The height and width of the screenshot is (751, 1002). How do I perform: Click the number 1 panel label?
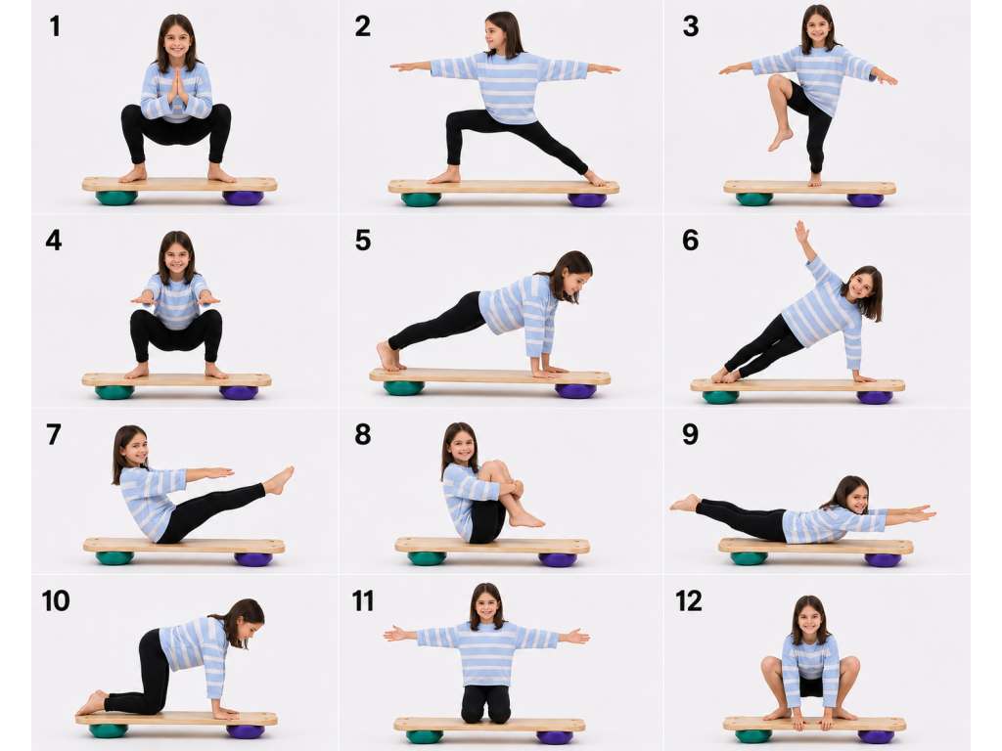[55, 26]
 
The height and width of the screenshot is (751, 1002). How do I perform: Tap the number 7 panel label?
[54, 434]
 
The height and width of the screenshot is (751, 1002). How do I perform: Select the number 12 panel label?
[689, 601]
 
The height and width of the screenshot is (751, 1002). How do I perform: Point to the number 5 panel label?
[363, 241]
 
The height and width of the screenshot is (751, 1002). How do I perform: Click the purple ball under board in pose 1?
[243, 198]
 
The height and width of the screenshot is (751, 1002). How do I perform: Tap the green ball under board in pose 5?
[403, 387]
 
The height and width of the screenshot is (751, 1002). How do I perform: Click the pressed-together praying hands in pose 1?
[178, 86]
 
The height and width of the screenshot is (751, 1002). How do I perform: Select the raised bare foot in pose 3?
[780, 139]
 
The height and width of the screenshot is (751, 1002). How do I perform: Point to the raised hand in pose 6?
[802, 231]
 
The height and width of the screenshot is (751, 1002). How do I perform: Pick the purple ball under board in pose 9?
[884, 560]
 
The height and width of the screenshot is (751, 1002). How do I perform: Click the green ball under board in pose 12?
[753, 736]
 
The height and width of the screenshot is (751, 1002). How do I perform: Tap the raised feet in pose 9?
[686, 504]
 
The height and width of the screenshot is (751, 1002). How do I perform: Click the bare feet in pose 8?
[525, 519]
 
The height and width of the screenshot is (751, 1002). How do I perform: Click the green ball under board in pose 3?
[754, 199]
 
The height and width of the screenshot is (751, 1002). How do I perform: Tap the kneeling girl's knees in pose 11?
[486, 715]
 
